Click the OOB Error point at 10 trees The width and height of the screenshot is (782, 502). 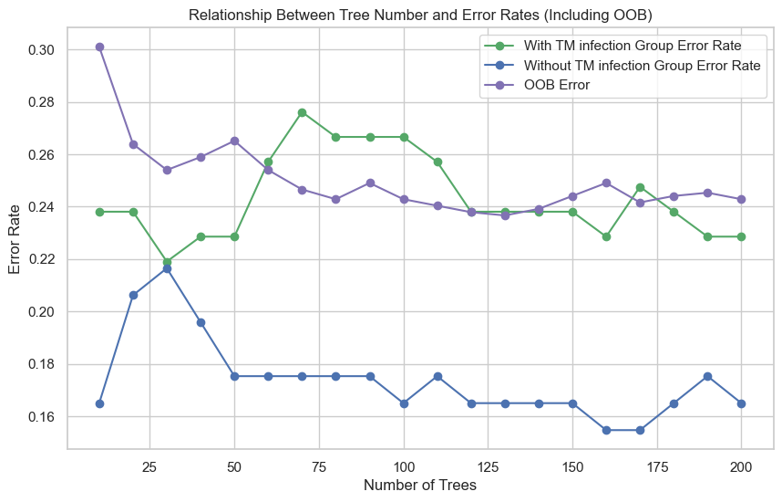click(99, 47)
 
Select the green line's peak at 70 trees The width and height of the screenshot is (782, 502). click(302, 112)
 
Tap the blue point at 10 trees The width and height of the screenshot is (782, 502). click(99, 403)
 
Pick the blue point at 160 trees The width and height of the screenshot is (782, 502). click(606, 430)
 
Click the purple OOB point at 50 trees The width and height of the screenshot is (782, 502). click(234, 141)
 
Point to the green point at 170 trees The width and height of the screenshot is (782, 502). click(640, 187)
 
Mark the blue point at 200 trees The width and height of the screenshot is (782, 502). click(741, 403)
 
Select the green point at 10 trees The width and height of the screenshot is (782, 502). click(99, 212)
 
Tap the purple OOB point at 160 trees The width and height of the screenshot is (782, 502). click(606, 183)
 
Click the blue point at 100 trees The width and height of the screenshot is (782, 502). click(404, 403)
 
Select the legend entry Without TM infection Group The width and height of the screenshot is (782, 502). click(638, 65)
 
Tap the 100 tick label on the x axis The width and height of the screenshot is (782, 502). click(404, 465)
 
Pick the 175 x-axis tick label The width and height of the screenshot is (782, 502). click(657, 465)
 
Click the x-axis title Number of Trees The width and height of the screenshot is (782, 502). click(420, 486)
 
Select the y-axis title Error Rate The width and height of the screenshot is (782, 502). click(15, 236)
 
